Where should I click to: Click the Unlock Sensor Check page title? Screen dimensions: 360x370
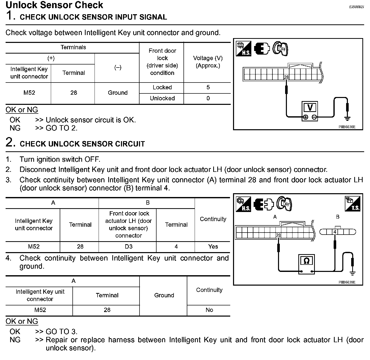click(54, 5)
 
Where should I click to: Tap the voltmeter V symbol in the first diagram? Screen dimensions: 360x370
click(310, 107)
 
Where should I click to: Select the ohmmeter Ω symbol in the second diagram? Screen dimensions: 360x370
click(306, 261)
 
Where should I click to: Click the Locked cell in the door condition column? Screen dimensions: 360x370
click(162, 88)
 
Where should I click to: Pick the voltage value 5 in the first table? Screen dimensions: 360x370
click(208, 88)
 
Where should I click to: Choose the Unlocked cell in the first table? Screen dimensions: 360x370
click(162, 99)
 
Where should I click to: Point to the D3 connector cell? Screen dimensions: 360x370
click(129, 247)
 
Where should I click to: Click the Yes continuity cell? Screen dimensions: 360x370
click(213, 247)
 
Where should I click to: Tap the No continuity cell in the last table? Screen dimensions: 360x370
click(209, 310)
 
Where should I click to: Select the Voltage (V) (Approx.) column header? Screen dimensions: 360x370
click(208, 62)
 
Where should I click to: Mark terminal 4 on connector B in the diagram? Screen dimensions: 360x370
click(335, 232)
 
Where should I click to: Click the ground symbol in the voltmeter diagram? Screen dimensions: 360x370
click(347, 118)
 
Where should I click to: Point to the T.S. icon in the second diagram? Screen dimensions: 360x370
click(352, 204)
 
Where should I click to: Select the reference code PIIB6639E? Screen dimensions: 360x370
click(347, 282)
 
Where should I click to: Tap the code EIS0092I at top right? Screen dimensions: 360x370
click(356, 7)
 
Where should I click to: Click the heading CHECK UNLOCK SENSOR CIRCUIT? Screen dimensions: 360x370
click(82, 144)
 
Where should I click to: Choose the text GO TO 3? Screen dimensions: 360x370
click(61, 332)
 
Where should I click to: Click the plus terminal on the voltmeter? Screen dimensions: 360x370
click(305, 117)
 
